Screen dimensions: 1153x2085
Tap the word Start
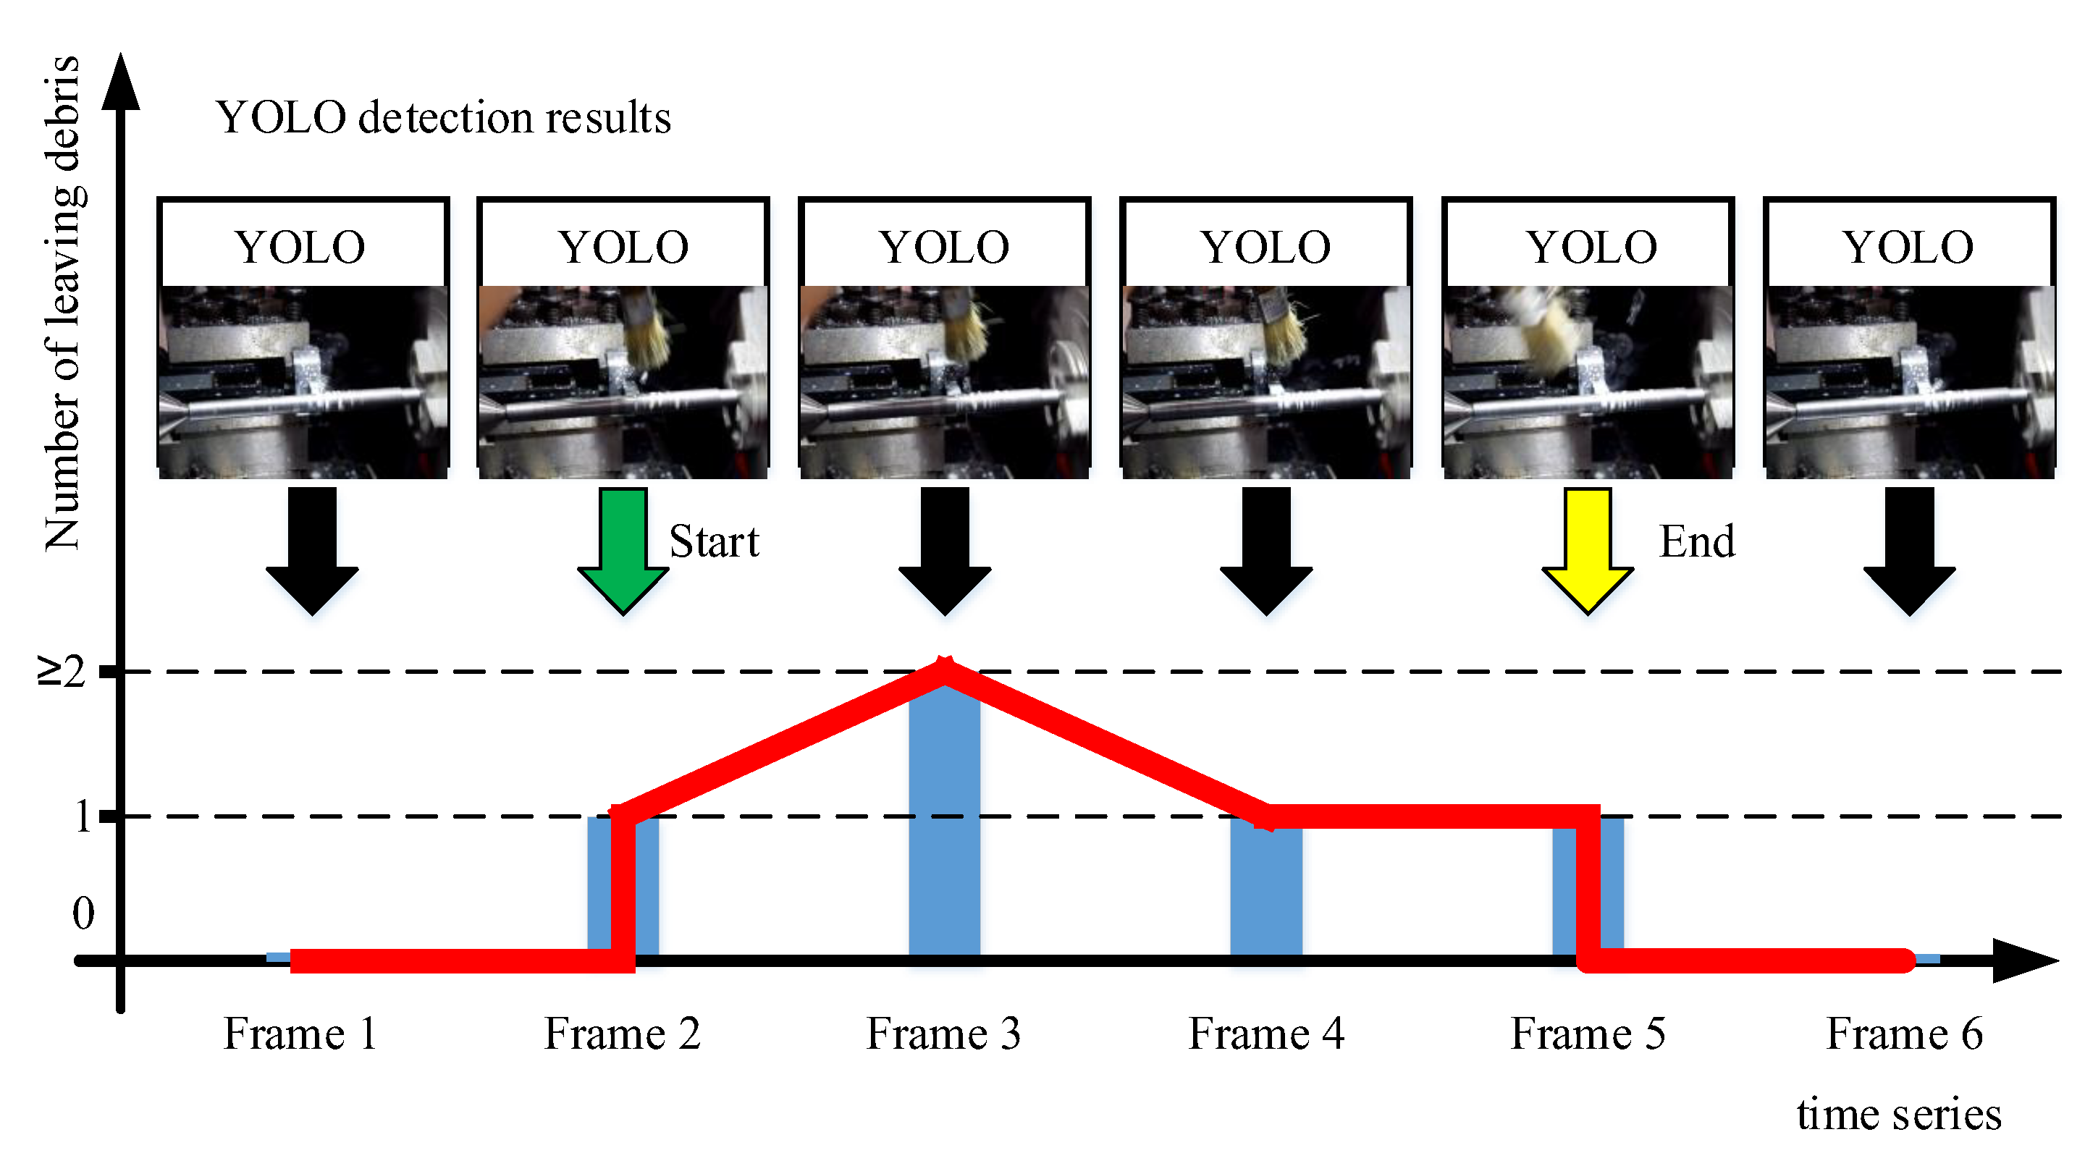714,541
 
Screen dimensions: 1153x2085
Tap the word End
1696,541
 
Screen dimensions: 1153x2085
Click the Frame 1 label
300,1034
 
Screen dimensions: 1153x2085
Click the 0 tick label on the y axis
83,913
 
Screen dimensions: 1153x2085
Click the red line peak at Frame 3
944,670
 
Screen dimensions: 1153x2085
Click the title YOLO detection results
444,117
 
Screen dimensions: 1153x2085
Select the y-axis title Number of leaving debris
62,303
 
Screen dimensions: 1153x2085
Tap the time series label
1898,1113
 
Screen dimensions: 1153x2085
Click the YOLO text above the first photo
300,247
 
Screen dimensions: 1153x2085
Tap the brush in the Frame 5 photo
1542,328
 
